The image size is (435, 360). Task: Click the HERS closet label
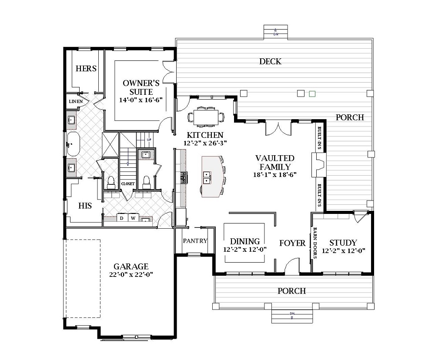[86, 69]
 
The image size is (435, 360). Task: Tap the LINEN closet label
[76, 101]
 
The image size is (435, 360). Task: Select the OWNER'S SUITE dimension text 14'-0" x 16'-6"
[141, 100]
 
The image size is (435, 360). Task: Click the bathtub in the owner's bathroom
[73, 144]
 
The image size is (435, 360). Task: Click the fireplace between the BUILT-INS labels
[318, 165]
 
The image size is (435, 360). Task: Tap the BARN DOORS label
[315, 243]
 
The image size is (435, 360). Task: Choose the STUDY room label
[343, 243]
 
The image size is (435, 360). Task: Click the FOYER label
[292, 243]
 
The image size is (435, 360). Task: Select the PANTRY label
[195, 241]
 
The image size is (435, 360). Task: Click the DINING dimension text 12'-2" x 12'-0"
[245, 249]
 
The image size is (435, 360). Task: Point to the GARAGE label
[131, 267]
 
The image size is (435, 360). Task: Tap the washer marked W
[133, 218]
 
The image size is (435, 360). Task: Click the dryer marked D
[121, 218]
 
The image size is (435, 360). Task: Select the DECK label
[270, 61]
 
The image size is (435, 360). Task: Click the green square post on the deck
[312, 94]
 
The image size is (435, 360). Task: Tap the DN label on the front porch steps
[292, 313]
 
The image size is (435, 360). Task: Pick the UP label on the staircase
[149, 140]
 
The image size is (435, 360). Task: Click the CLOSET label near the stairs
[128, 183]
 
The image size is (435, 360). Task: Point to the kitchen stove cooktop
[184, 177]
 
